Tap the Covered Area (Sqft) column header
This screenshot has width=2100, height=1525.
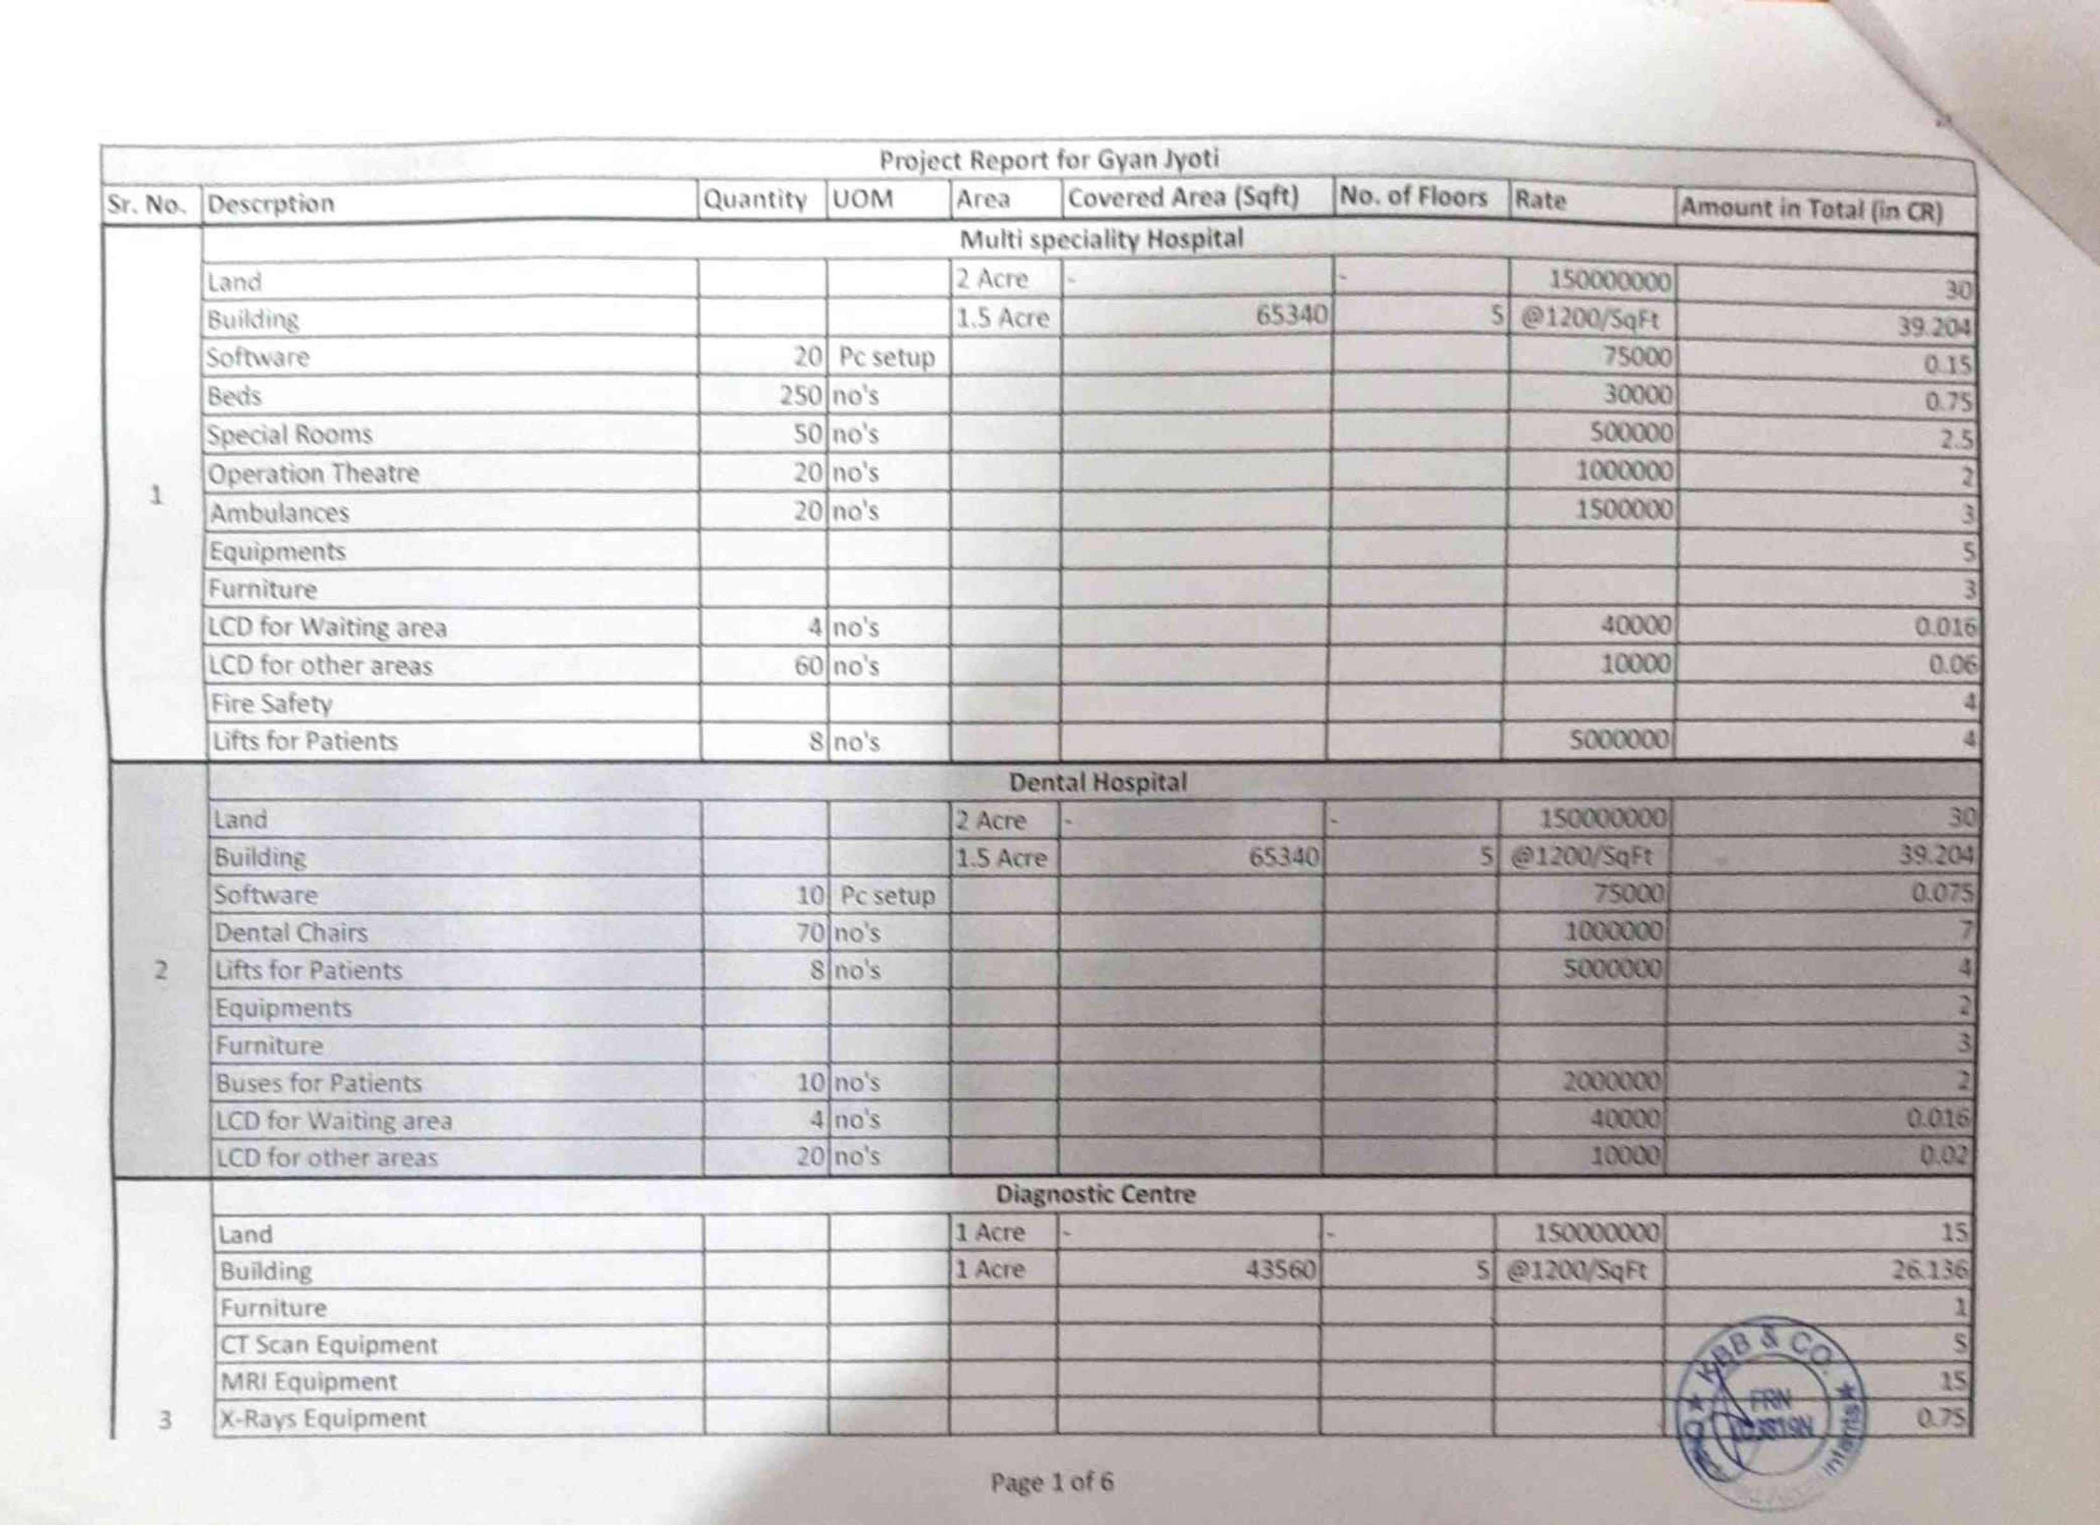pyautogui.click(x=1184, y=198)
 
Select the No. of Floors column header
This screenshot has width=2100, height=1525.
pyautogui.click(x=1413, y=197)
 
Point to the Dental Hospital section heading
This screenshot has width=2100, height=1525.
pyautogui.click(x=1097, y=783)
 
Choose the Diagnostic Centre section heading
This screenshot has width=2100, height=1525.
pyautogui.click(x=1095, y=1194)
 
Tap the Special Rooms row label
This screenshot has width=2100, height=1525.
pyautogui.click(x=290, y=435)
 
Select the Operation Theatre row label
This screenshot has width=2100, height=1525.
pyautogui.click(x=314, y=474)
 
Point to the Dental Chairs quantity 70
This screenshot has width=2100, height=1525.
pyautogui.click(x=809, y=933)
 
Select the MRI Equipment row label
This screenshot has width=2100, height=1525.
pyautogui.click(x=309, y=1381)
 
